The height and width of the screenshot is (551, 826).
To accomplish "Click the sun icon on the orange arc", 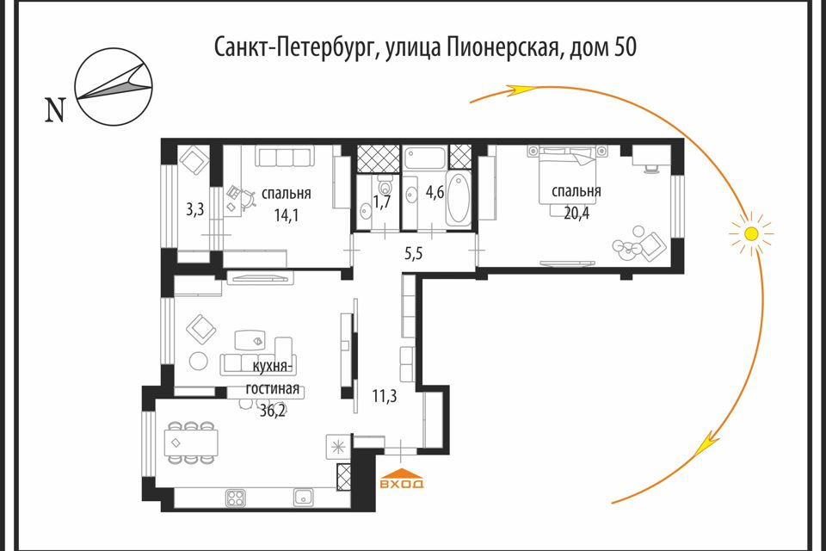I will [751, 232].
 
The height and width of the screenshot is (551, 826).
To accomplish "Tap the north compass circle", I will [114, 89].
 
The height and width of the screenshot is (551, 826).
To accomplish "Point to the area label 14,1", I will [287, 215].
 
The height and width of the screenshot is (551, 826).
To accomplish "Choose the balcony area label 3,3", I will [194, 209].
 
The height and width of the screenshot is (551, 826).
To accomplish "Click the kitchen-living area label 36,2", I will [273, 412].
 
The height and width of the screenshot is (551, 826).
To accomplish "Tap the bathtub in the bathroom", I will [458, 199].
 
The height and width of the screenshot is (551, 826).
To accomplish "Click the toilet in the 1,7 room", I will [385, 185].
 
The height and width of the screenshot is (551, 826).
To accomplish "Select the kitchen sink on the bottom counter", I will [302, 497].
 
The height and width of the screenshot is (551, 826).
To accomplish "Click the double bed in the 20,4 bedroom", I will [565, 172].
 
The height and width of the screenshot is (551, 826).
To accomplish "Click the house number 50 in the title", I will [626, 47].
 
